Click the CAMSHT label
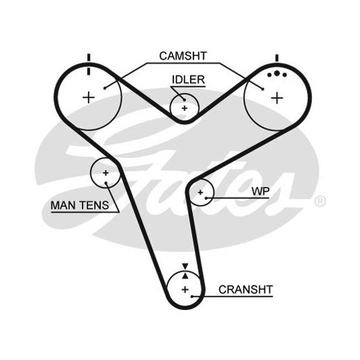click(183, 56)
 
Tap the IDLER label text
click(188, 80)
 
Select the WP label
click(261, 191)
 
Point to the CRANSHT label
click(245, 289)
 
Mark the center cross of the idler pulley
click(185, 108)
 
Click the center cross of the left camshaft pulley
click(89, 98)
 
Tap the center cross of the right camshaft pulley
click(277, 98)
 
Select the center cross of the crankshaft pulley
click(185, 289)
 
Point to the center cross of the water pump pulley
click(201, 193)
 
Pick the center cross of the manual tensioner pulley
click(105, 173)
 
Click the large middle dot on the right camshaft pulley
click(277, 73)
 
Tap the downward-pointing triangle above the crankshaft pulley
click(185, 266)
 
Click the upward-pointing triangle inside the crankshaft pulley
click(185, 276)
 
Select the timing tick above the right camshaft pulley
click(277, 58)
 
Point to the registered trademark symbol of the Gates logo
click(320, 201)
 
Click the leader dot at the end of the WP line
click(206, 198)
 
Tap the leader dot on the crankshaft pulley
click(192, 297)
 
